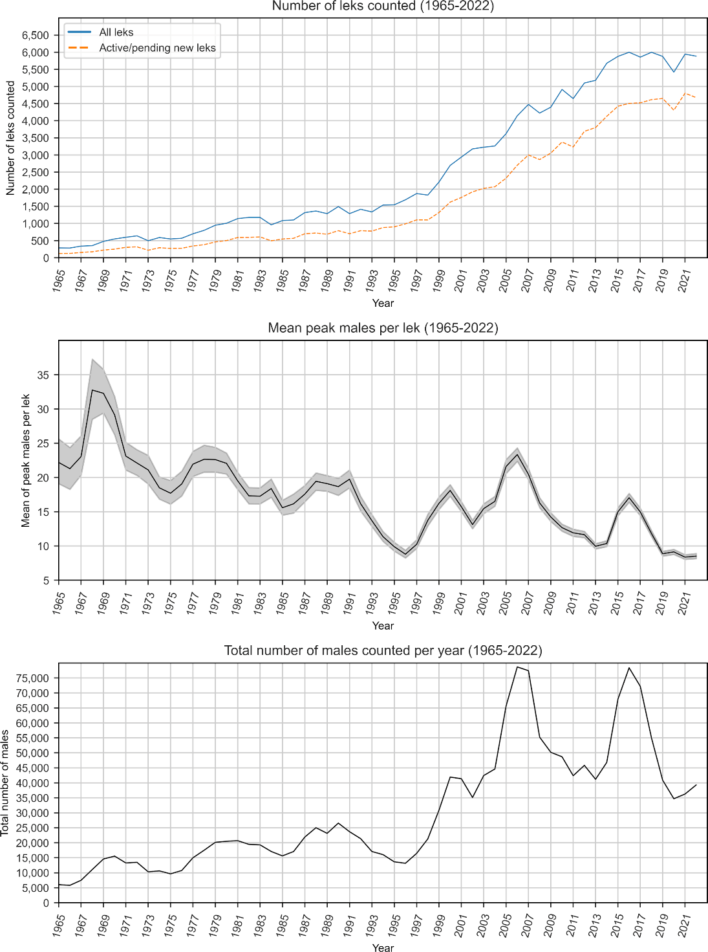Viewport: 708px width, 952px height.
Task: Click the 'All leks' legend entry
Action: click(x=116, y=32)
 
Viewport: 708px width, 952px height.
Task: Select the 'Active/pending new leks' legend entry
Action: click(x=157, y=48)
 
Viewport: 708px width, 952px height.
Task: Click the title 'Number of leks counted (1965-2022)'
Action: click(x=383, y=6)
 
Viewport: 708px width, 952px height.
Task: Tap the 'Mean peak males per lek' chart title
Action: click(x=383, y=328)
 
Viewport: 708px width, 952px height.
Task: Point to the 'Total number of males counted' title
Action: click(x=383, y=650)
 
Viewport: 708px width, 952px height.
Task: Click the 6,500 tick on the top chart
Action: click(x=36, y=35)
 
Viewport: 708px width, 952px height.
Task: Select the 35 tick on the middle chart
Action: click(x=43, y=375)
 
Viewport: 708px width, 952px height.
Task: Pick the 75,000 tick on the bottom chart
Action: click(x=32, y=678)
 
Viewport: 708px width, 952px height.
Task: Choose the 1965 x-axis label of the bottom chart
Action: click(x=58, y=926)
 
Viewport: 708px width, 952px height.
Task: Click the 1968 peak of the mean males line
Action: click(x=92, y=390)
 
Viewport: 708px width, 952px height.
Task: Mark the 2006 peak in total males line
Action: click(x=517, y=667)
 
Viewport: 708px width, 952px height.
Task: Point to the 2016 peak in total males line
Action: click(x=629, y=667)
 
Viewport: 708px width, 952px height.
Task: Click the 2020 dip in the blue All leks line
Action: click(x=674, y=72)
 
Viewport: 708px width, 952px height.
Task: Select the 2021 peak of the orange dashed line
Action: click(x=685, y=93)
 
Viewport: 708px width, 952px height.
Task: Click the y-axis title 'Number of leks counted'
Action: click(x=10, y=138)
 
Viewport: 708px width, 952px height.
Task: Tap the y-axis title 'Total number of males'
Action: click(x=5, y=782)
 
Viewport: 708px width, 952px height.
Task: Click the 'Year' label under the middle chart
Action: click(x=383, y=626)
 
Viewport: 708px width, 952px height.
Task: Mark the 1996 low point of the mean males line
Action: click(x=405, y=554)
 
